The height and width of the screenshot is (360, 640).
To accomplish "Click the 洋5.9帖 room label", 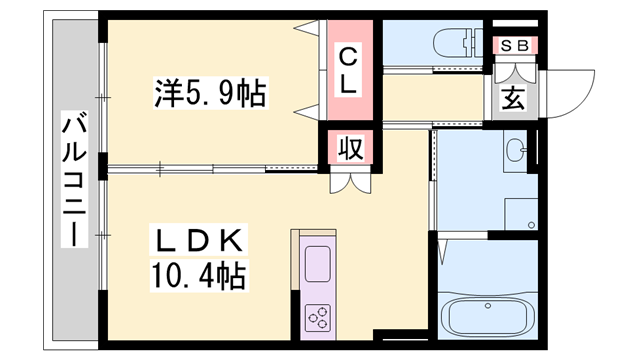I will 210,94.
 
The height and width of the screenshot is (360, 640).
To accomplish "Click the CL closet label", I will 347,70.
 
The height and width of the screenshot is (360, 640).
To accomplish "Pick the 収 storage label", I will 348,150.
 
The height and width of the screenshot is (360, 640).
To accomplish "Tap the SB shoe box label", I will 517,45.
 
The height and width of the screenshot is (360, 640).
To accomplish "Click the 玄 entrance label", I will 513,98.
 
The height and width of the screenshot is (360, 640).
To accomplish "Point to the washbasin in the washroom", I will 517,151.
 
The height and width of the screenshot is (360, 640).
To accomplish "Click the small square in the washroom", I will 520,214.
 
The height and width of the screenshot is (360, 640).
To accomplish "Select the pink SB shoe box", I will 517,45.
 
